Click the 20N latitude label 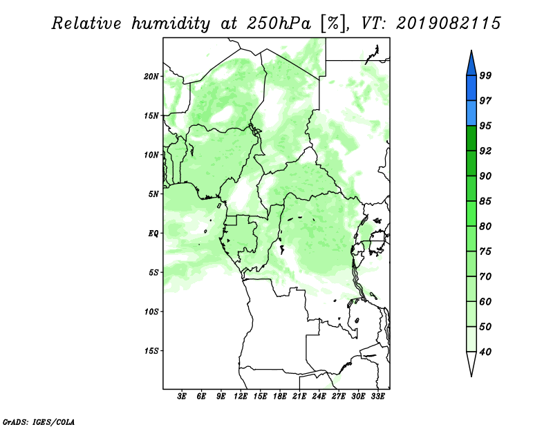pos(151,76)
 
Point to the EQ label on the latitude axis pos(153,234)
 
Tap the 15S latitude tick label pos(151,351)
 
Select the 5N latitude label pos(153,194)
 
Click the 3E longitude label pos(182,397)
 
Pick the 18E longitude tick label pos(280,397)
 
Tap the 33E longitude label pos(377,397)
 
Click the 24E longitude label pos(319,397)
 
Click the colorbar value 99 pos(485,75)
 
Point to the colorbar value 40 pos(485,352)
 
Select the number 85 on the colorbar pos(485,201)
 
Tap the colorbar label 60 pos(485,301)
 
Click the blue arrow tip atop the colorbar pos(471,50)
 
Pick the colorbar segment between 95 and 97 pos(471,113)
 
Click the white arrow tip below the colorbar pos(471,376)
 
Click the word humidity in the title pos(171,23)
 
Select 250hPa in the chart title pos(279,23)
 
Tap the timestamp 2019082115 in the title pos(448,23)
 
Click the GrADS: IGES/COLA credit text pos(39,422)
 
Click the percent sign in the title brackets pos(333,23)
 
